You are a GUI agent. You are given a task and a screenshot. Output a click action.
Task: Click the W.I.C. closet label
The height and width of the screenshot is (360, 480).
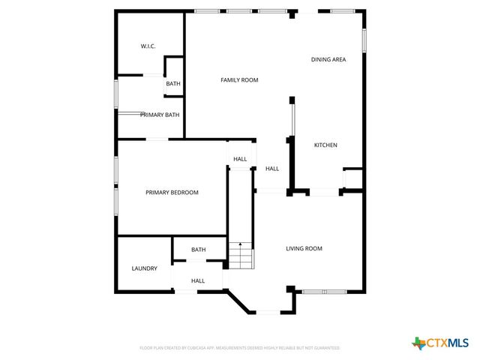[x=148, y=46]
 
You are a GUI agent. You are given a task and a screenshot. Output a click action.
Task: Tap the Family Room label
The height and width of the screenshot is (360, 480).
[x=239, y=79]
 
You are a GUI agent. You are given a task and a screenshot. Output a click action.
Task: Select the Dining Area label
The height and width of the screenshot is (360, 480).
[x=328, y=59]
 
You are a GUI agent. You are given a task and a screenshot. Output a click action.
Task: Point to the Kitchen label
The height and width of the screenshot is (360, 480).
[x=325, y=145]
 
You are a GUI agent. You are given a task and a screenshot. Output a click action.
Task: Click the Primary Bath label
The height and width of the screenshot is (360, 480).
[x=160, y=115]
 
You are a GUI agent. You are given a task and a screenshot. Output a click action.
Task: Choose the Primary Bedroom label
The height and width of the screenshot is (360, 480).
[x=172, y=193]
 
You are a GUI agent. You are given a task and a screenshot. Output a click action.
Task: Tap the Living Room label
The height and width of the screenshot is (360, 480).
[x=304, y=248]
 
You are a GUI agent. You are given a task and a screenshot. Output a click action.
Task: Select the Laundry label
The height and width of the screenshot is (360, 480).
[x=144, y=268]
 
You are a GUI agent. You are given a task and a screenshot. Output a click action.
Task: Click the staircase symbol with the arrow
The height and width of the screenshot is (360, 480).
[x=240, y=256]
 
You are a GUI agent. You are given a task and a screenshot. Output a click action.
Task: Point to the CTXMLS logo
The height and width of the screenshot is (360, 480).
[x=442, y=343]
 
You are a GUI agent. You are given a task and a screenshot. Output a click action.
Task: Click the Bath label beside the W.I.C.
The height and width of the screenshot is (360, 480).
[x=173, y=84]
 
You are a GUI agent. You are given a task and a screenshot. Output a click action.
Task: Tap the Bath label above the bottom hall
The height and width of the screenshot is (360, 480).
[x=198, y=250]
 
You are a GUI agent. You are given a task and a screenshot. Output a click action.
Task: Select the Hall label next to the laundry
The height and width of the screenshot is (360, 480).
[x=198, y=281]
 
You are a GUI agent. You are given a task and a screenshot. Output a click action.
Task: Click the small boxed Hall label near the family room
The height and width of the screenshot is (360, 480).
[x=240, y=159]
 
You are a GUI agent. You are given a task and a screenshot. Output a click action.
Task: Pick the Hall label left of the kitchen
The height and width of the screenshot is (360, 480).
[x=272, y=169]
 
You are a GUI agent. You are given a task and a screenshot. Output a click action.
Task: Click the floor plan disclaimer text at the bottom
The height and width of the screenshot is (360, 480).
[x=240, y=348]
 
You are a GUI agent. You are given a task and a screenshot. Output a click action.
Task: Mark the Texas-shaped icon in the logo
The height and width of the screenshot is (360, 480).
[x=418, y=343]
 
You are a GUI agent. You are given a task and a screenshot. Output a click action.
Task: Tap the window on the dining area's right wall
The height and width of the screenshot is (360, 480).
[x=364, y=39]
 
